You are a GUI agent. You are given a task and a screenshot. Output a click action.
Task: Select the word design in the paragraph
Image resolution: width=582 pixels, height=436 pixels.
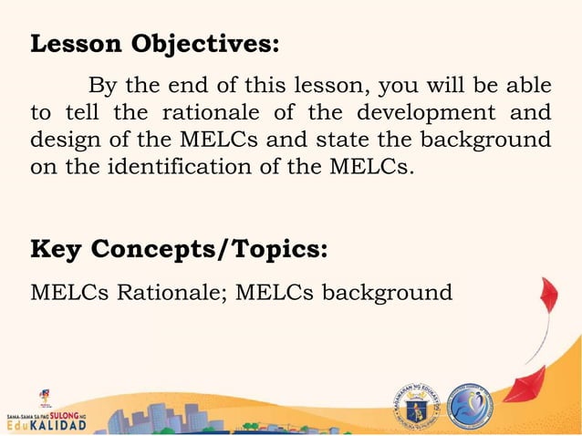(62, 141)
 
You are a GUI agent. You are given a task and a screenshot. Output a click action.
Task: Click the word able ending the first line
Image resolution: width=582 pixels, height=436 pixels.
(528, 87)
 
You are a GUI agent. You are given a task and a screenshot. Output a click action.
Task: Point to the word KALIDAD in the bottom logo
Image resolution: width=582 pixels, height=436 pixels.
(55, 426)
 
